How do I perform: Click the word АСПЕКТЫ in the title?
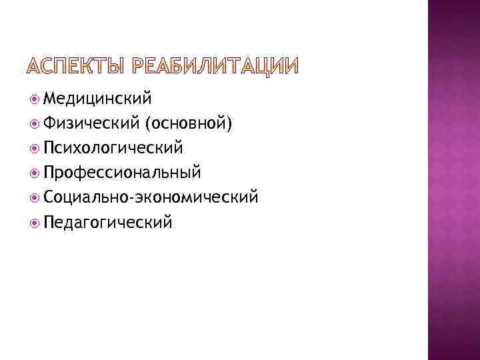[x=74, y=67]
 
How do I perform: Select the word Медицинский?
[x=97, y=99]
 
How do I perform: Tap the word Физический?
[x=91, y=123]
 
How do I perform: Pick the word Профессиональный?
[x=121, y=173]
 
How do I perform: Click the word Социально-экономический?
[x=150, y=197]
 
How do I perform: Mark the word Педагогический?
[x=107, y=221]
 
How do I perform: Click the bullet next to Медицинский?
[x=35, y=99]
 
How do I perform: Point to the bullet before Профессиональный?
[x=35, y=173]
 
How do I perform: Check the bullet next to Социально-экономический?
[x=35, y=197]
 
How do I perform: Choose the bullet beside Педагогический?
[x=35, y=222]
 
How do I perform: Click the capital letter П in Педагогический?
[x=48, y=221]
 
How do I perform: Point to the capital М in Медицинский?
[x=50, y=99]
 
